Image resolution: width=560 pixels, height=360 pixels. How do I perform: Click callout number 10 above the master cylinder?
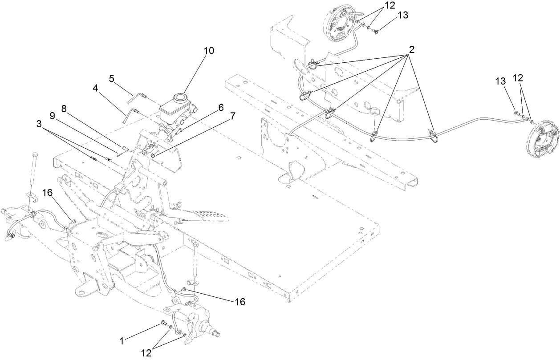[209, 51]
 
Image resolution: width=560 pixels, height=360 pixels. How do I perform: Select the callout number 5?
[112, 79]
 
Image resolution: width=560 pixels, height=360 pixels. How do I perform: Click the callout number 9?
[53, 115]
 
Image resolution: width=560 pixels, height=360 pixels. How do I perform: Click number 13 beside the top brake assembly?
[402, 16]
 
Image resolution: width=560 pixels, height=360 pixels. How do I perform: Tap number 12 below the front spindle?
[146, 353]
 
